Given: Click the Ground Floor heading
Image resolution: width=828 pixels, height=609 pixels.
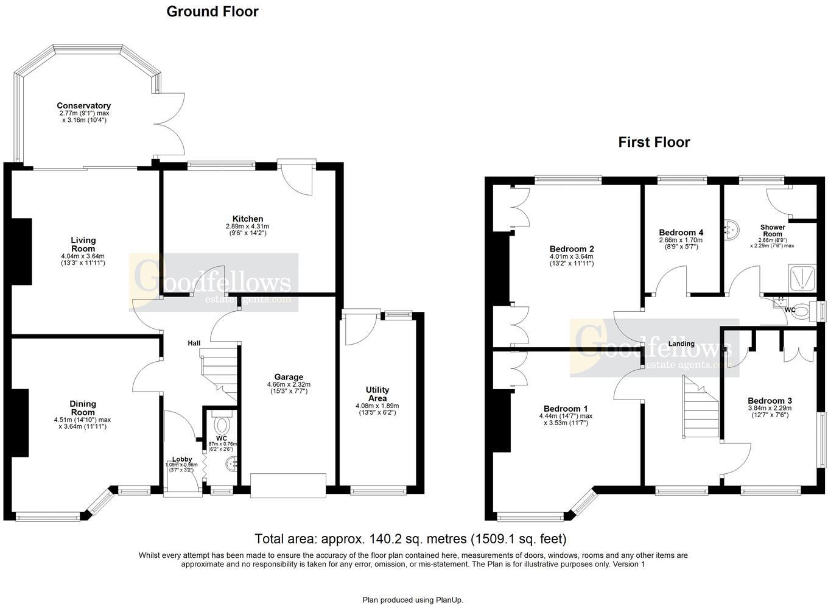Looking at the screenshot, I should (x=212, y=12).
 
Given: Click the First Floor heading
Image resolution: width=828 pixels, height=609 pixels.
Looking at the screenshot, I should (x=654, y=143).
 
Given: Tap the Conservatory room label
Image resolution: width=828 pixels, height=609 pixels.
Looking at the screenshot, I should (x=83, y=106).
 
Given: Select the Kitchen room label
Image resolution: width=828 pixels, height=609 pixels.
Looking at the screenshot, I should (x=248, y=219).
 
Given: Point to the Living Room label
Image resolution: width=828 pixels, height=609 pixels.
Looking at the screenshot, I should (x=83, y=244).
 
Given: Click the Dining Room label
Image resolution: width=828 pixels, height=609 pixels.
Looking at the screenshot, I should (x=83, y=408).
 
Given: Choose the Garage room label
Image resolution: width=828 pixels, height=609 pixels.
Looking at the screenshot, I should (x=289, y=377).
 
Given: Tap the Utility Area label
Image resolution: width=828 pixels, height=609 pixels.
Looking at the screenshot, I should (x=377, y=394).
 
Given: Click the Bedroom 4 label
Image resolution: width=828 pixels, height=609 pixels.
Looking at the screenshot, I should (x=681, y=233).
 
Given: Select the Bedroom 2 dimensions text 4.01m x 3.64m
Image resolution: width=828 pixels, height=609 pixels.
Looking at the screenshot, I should (x=571, y=256).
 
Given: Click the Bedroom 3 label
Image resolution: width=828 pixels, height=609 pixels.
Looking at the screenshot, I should (x=770, y=401).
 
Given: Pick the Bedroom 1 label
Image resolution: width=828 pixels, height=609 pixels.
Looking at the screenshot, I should (x=566, y=409).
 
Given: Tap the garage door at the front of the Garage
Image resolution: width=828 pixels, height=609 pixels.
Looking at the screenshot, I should (x=288, y=485).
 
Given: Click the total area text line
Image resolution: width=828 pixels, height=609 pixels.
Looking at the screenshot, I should (x=410, y=539).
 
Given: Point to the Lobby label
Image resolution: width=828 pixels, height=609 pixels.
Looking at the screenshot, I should (x=182, y=459).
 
